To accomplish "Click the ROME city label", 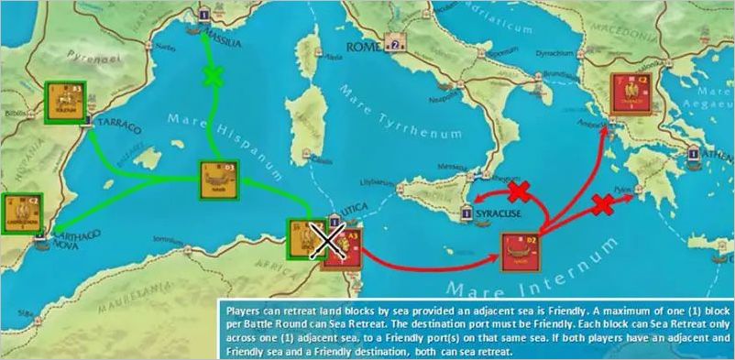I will (x=364, y=44).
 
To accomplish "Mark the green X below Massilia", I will (x=214, y=76).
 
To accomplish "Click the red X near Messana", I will (x=519, y=191).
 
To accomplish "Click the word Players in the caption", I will (x=240, y=307).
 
